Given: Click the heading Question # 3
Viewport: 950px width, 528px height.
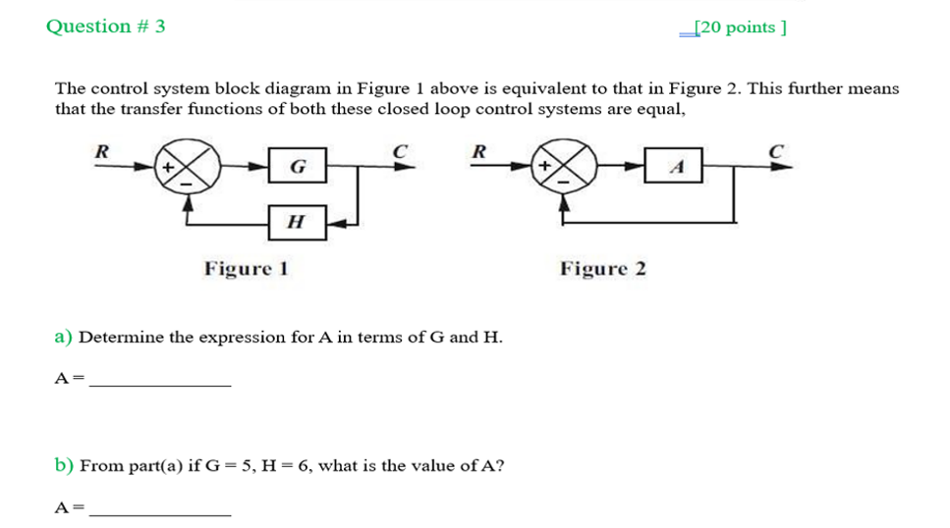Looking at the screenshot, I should click(x=105, y=26).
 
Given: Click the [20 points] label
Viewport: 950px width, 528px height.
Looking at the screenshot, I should click(x=739, y=27).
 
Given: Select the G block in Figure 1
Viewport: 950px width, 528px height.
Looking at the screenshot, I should click(x=298, y=167).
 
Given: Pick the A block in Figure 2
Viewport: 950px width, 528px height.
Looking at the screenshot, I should click(x=675, y=167).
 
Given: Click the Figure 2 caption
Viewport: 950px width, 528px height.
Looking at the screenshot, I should click(x=603, y=268).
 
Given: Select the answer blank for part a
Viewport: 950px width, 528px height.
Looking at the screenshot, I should click(x=159, y=384).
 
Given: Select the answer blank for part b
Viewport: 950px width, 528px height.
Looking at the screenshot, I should click(x=159, y=512).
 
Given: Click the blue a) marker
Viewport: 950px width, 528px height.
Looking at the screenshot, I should click(x=64, y=338).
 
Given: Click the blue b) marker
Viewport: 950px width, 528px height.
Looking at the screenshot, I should click(x=64, y=466).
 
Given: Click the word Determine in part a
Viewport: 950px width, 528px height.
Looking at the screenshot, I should click(x=122, y=338).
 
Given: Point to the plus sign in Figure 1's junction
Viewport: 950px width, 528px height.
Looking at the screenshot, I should click(x=168, y=167).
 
